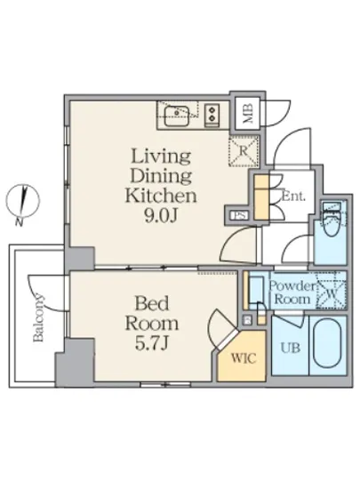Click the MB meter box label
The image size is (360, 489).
(248, 114)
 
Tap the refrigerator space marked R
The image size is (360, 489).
(244, 151)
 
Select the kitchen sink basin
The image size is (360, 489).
(176, 116)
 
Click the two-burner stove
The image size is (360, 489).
(212, 115)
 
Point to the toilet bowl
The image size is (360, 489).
(332, 222)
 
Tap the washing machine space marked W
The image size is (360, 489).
(332, 292)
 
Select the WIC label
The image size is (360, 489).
(244, 358)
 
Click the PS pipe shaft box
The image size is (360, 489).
(239, 215)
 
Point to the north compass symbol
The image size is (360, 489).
(22, 201)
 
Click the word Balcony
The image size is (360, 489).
(38, 317)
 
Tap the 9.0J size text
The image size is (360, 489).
(161, 215)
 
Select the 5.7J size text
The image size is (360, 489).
(152, 343)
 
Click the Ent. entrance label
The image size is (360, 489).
(293, 196)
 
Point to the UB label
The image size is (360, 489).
(291, 348)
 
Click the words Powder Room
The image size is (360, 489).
(292, 293)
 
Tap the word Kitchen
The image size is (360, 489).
(161, 196)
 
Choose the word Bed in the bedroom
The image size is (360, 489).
(152, 302)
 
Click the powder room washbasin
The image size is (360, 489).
(257, 291)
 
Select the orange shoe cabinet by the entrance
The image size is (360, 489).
(261, 197)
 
